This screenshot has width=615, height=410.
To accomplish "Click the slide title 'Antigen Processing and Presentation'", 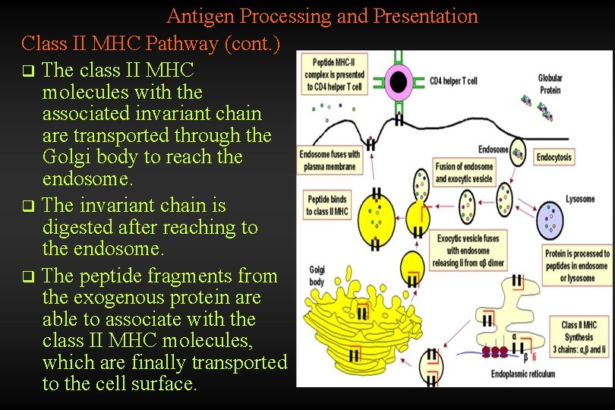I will [x=322, y=16].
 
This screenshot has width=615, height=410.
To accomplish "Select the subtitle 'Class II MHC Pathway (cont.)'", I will [x=151, y=43].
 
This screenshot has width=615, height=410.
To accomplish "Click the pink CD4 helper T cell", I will [x=398, y=82].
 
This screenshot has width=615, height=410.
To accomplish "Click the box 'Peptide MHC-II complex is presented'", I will [x=334, y=76].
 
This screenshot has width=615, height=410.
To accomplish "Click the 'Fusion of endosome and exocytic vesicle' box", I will [x=463, y=173].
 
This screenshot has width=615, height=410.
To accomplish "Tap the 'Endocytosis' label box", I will [x=554, y=157].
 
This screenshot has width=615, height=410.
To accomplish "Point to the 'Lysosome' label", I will [x=580, y=199].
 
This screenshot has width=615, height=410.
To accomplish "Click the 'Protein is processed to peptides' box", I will [x=577, y=266].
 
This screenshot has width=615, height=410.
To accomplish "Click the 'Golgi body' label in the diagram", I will [x=317, y=276].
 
